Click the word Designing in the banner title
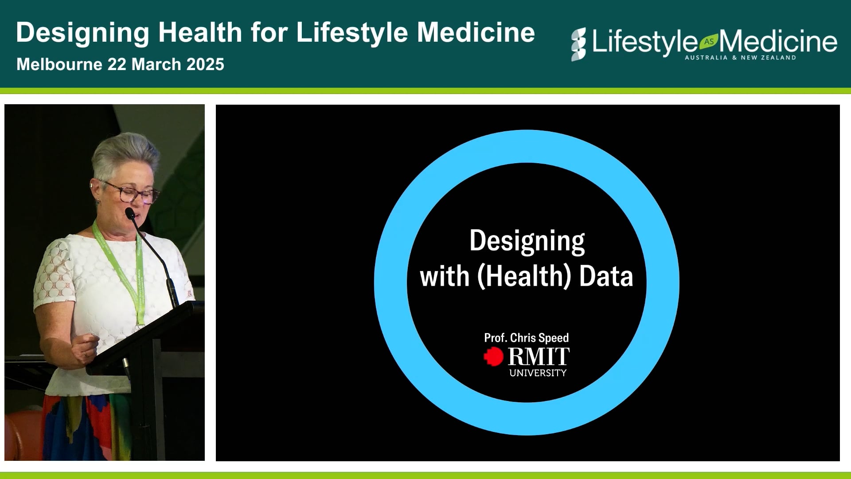coord(82,33)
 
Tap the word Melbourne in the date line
coord(59,65)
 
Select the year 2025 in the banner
coord(205,65)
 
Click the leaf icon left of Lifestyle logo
coord(578,44)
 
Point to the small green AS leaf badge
coord(708,41)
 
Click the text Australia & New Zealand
coord(740,58)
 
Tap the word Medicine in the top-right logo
coord(778,42)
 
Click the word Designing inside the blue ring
coord(527,242)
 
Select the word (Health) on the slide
coord(523,276)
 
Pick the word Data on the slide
coord(606,276)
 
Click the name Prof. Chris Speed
coord(526,338)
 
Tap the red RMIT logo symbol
coord(493,357)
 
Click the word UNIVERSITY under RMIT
coord(538,373)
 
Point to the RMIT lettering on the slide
coord(539,357)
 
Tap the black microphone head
coord(130,213)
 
